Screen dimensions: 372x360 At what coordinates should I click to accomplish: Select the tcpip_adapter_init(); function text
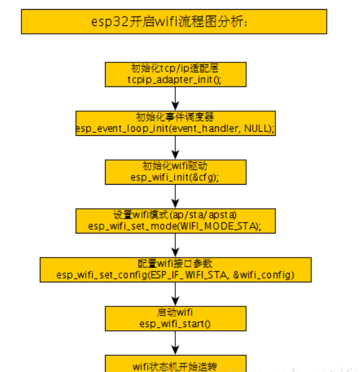[x=174, y=79]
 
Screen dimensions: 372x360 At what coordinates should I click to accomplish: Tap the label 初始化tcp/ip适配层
[x=174, y=68]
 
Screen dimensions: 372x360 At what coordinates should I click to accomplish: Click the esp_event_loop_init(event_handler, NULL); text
[x=175, y=129]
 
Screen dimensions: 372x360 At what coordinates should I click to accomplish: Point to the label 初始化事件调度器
[x=175, y=117]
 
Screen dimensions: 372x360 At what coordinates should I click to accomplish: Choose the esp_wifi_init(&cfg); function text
[x=174, y=178]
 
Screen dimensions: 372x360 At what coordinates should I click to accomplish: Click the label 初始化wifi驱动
[x=174, y=166]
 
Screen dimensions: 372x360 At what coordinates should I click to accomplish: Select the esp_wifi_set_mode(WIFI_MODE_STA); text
[x=174, y=226]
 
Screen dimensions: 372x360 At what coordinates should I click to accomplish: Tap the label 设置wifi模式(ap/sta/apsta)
[x=174, y=215]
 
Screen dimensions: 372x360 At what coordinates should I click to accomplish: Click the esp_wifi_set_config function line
[x=175, y=275]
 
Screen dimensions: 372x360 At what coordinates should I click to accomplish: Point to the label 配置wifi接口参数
[x=175, y=263]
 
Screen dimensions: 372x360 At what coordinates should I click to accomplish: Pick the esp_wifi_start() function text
[x=174, y=324]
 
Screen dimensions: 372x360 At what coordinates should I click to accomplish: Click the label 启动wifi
[x=174, y=312]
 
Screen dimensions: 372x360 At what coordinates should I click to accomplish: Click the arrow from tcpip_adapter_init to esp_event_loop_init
[x=174, y=98]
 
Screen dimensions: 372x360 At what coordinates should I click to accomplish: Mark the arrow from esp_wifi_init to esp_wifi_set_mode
[x=174, y=196]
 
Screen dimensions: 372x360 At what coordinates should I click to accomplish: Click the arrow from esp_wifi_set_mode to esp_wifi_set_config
[x=174, y=245]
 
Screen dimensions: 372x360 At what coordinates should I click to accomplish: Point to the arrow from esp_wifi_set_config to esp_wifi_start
[x=174, y=293]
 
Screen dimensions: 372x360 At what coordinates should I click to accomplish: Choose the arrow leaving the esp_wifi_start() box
[x=174, y=342]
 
